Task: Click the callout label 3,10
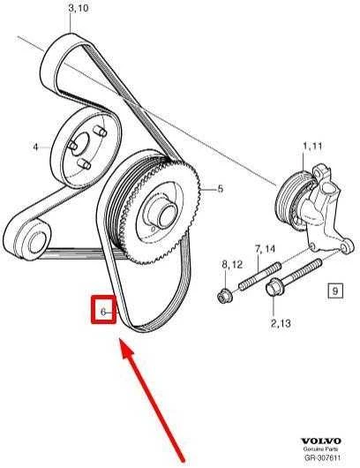tap(79, 8)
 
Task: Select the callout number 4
tap(36, 147)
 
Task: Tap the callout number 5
tap(220, 189)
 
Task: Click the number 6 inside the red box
tap(103, 312)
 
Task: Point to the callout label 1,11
tap(312, 147)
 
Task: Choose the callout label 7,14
tap(265, 249)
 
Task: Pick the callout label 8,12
tap(232, 264)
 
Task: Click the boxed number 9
tap(335, 291)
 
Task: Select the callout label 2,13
tap(281, 323)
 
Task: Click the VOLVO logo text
tap(320, 441)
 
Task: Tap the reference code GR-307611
tap(322, 457)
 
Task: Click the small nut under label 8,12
tap(223, 296)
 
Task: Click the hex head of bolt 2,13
tap(273, 288)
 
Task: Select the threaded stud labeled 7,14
tap(259, 276)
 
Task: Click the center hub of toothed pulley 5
tap(165, 215)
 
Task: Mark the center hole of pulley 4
tap(80, 144)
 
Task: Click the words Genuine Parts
tap(320, 449)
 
